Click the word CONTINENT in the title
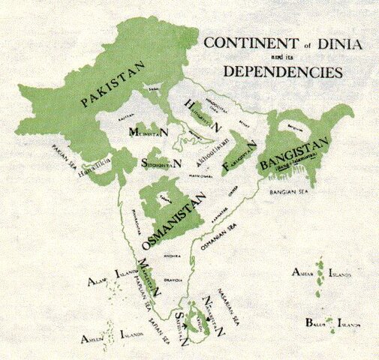click(242, 43)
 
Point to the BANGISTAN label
click(296, 153)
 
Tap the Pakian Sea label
click(66, 154)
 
